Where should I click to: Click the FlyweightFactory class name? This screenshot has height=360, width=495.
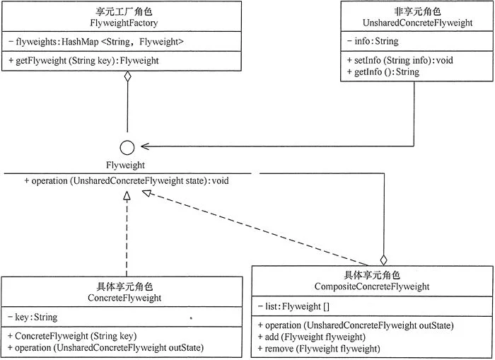click(124, 23)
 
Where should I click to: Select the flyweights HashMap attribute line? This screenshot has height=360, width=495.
click(96, 42)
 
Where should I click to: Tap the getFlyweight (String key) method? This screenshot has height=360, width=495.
click(83, 61)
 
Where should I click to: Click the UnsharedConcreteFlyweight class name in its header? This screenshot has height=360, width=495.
click(417, 23)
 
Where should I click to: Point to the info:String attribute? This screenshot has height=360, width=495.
click(373, 41)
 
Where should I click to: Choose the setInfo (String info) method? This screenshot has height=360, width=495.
click(400, 60)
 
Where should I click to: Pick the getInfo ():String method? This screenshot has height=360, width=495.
click(383, 72)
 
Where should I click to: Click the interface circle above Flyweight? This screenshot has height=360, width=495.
click(127, 148)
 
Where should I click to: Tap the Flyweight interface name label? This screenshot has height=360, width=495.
click(125, 166)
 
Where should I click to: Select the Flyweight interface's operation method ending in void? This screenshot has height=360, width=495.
click(127, 181)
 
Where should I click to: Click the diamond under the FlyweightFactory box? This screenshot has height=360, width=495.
click(127, 76)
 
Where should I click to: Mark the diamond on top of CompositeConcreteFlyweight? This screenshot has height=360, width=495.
click(383, 260)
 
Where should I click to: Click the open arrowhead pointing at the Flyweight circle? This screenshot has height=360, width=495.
click(145, 146)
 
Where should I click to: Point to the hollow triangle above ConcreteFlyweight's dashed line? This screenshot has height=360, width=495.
click(127, 196)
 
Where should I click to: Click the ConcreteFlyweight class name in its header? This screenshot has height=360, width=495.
click(124, 298)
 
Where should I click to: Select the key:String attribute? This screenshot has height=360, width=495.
click(33, 317)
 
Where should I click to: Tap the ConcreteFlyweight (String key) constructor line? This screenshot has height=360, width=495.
click(72, 336)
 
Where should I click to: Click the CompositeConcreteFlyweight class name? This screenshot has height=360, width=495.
click(372, 286)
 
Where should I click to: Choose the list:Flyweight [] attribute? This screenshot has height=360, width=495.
click(293, 306)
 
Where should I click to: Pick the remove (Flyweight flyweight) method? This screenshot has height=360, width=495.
click(319, 349)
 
